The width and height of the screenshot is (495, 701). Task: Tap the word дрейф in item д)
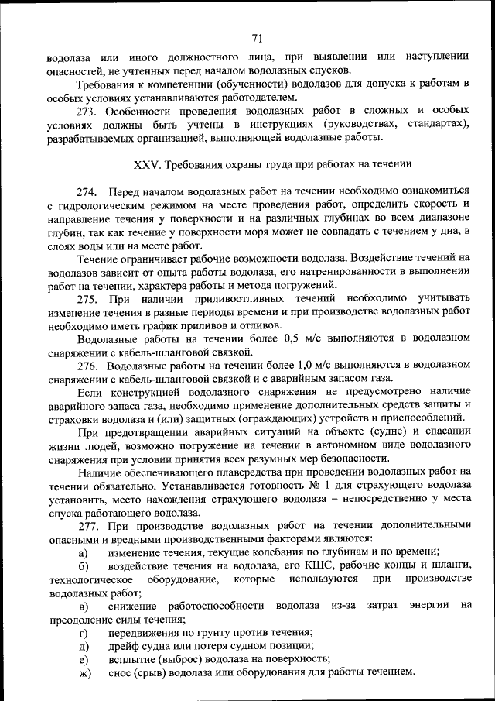tap(125, 646)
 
